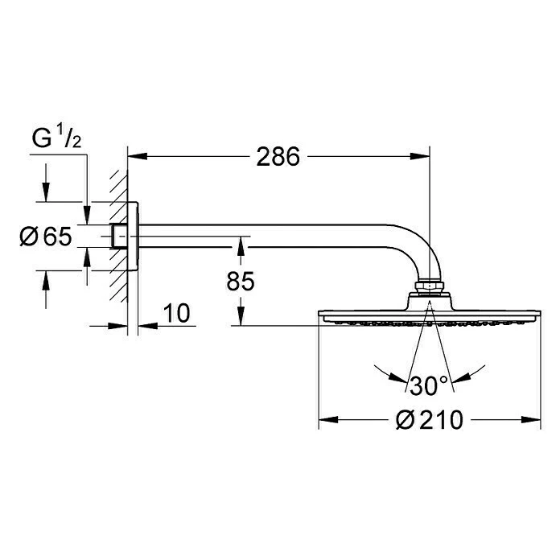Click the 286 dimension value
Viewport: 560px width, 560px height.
(x=278, y=156)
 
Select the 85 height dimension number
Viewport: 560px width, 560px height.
(x=241, y=282)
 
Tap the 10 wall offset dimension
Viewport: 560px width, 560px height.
(x=180, y=313)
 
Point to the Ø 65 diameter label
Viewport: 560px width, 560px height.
(x=46, y=237)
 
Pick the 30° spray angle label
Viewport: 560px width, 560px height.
(x=428, y=385)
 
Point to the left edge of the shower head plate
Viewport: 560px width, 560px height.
(x=320, y=315)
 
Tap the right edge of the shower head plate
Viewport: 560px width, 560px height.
(x=537, y=315)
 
